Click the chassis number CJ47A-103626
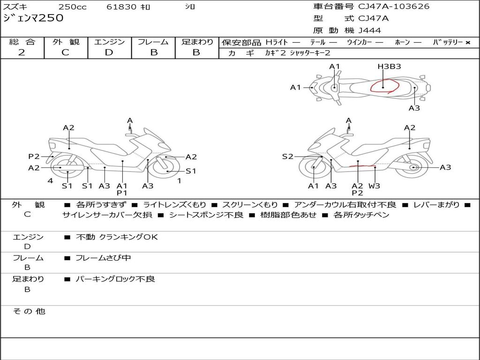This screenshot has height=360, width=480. pyautogui.click(x=394, y=7)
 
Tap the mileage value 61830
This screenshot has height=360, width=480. pyautogui.click(x=121, y=7)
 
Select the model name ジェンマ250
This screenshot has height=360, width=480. pyautogui.click(x=33, y=19)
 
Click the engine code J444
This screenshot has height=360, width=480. pyautogui.click(x=370, y=30)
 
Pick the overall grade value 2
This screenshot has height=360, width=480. pyautogui.click(x=22, y=52)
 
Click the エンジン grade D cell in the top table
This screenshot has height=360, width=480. pyautogui.click(x=109, y=52)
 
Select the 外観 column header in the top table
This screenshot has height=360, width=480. pyautogui.click(x=66, y=42)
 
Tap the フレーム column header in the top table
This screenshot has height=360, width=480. pyautogui.click(x=153, y=42)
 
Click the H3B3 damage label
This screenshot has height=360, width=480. pyautogui.click(x=389, y=67)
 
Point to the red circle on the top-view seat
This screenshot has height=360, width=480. pyautogui.click(x=384, y=86)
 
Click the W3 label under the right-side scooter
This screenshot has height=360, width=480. pyautogui.click(x=374, y=186)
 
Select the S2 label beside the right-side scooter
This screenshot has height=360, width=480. pyautogui.click(x=287, y=157)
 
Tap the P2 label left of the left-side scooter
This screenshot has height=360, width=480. pyautogui.click(x=34, y=157)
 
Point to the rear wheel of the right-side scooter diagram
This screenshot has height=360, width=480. pyautogui.click(x=412, y=167)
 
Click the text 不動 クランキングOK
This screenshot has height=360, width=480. pyautogui.click(x=117, y=237)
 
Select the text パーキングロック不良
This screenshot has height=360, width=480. pyautogui.click(x=115, y=279)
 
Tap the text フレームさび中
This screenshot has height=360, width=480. pyautogui.click(x=103, y=258)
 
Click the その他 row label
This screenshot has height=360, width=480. pyautogui.click(x=29, y=311)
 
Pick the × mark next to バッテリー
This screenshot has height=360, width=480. pyautogui.click(x=467, y=42)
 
